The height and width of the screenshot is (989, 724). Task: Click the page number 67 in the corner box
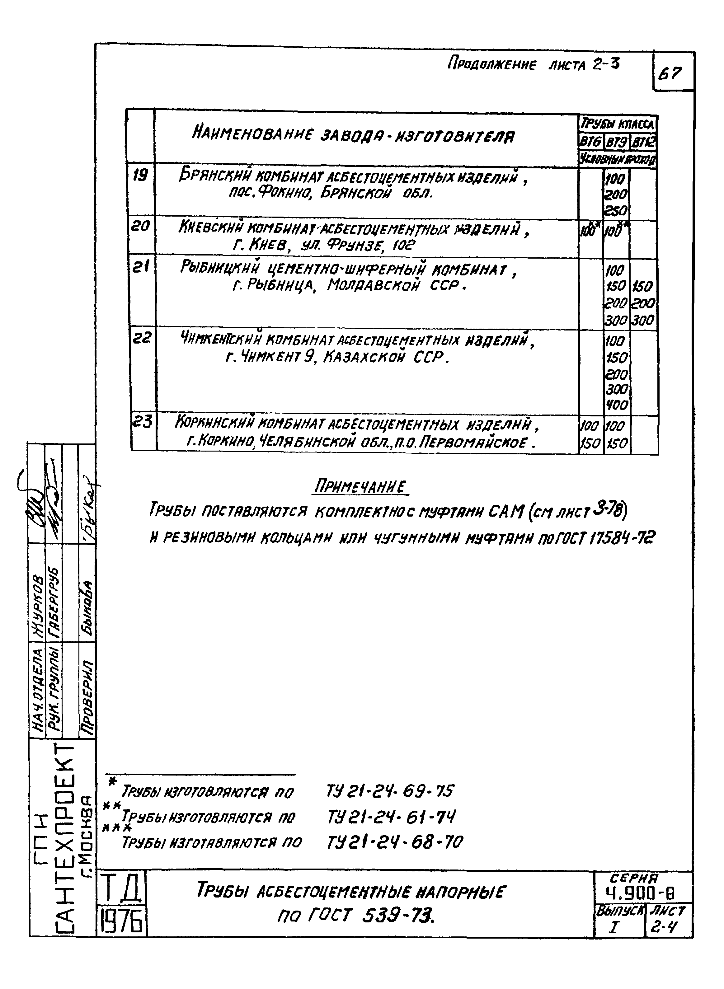[x=670, y=73]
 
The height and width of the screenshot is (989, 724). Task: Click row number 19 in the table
[x=140, y=176]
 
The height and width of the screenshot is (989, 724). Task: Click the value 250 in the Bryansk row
[x=616, y=211]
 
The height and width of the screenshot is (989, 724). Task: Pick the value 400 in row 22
[x=617, y=405]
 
